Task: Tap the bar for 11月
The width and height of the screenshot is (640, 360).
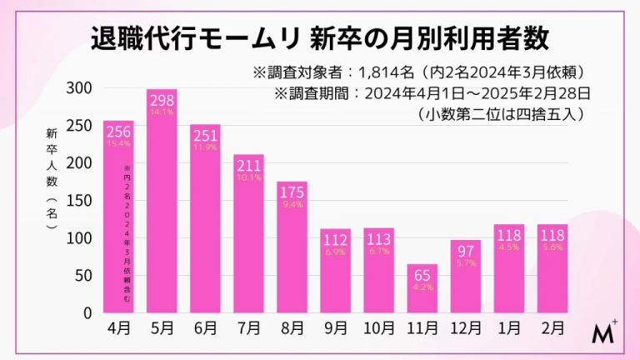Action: pos(422,292)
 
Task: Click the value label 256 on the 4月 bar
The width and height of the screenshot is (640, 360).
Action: pos(118,131)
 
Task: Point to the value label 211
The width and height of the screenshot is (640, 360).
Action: pos(248,164)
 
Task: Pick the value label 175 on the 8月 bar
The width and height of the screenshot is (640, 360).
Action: pos(292,191)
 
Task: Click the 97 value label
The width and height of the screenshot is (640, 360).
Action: pos(465,251)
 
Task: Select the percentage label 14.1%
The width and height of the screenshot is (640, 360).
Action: pos(162,111)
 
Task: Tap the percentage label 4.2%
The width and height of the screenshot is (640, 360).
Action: pos(422,288)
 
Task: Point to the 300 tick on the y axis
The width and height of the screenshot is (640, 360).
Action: pos(80,88)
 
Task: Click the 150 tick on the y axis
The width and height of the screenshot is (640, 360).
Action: pos(80,201)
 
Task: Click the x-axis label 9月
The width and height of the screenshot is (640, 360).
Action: pos(335,328)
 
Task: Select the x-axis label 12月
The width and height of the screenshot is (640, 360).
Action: pos(465,328)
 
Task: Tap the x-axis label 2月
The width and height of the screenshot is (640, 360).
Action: pos(552,328)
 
